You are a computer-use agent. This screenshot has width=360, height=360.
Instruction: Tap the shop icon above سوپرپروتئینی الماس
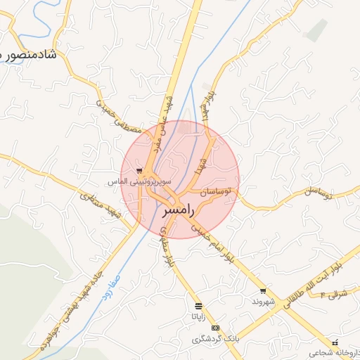pos(139,170)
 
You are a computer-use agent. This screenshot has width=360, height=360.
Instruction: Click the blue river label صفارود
pos(110,286)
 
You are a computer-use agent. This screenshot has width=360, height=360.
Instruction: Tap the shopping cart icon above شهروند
pos(263,290)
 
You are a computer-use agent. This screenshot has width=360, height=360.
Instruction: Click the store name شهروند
pos(262,302)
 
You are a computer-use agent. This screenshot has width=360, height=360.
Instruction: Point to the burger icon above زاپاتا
pos(198,305)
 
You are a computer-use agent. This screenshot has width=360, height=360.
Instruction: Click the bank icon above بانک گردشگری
pos(215,328)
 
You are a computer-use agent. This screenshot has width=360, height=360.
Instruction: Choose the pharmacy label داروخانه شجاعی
pos(329,352)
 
